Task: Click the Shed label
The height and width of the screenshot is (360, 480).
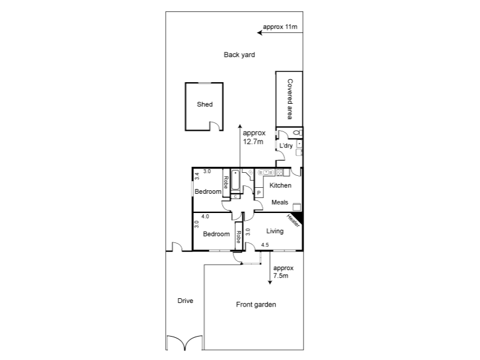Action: point(205,104)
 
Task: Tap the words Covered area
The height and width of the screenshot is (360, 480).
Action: point(289,98)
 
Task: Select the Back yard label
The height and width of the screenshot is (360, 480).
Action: point(239,55)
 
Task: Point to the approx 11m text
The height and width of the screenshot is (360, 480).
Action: point(280,28)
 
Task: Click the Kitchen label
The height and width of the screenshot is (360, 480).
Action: point(280,185)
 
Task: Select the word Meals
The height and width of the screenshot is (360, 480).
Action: point(280,202)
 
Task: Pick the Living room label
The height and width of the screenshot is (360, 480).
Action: point(275,231)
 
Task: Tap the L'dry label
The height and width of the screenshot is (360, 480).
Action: point(286,146)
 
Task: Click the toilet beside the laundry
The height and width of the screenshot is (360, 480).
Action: point(296,133)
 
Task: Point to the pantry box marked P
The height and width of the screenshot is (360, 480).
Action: point(259,193)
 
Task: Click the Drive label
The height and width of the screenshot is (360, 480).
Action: point(185,301)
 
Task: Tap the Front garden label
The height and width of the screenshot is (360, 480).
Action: point(256,305)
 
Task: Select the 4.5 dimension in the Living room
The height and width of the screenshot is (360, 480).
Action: point(265,244)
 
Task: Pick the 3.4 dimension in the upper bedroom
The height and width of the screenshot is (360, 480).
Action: point(197,178)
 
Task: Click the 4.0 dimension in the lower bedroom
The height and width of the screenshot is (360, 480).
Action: point(205,217)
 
